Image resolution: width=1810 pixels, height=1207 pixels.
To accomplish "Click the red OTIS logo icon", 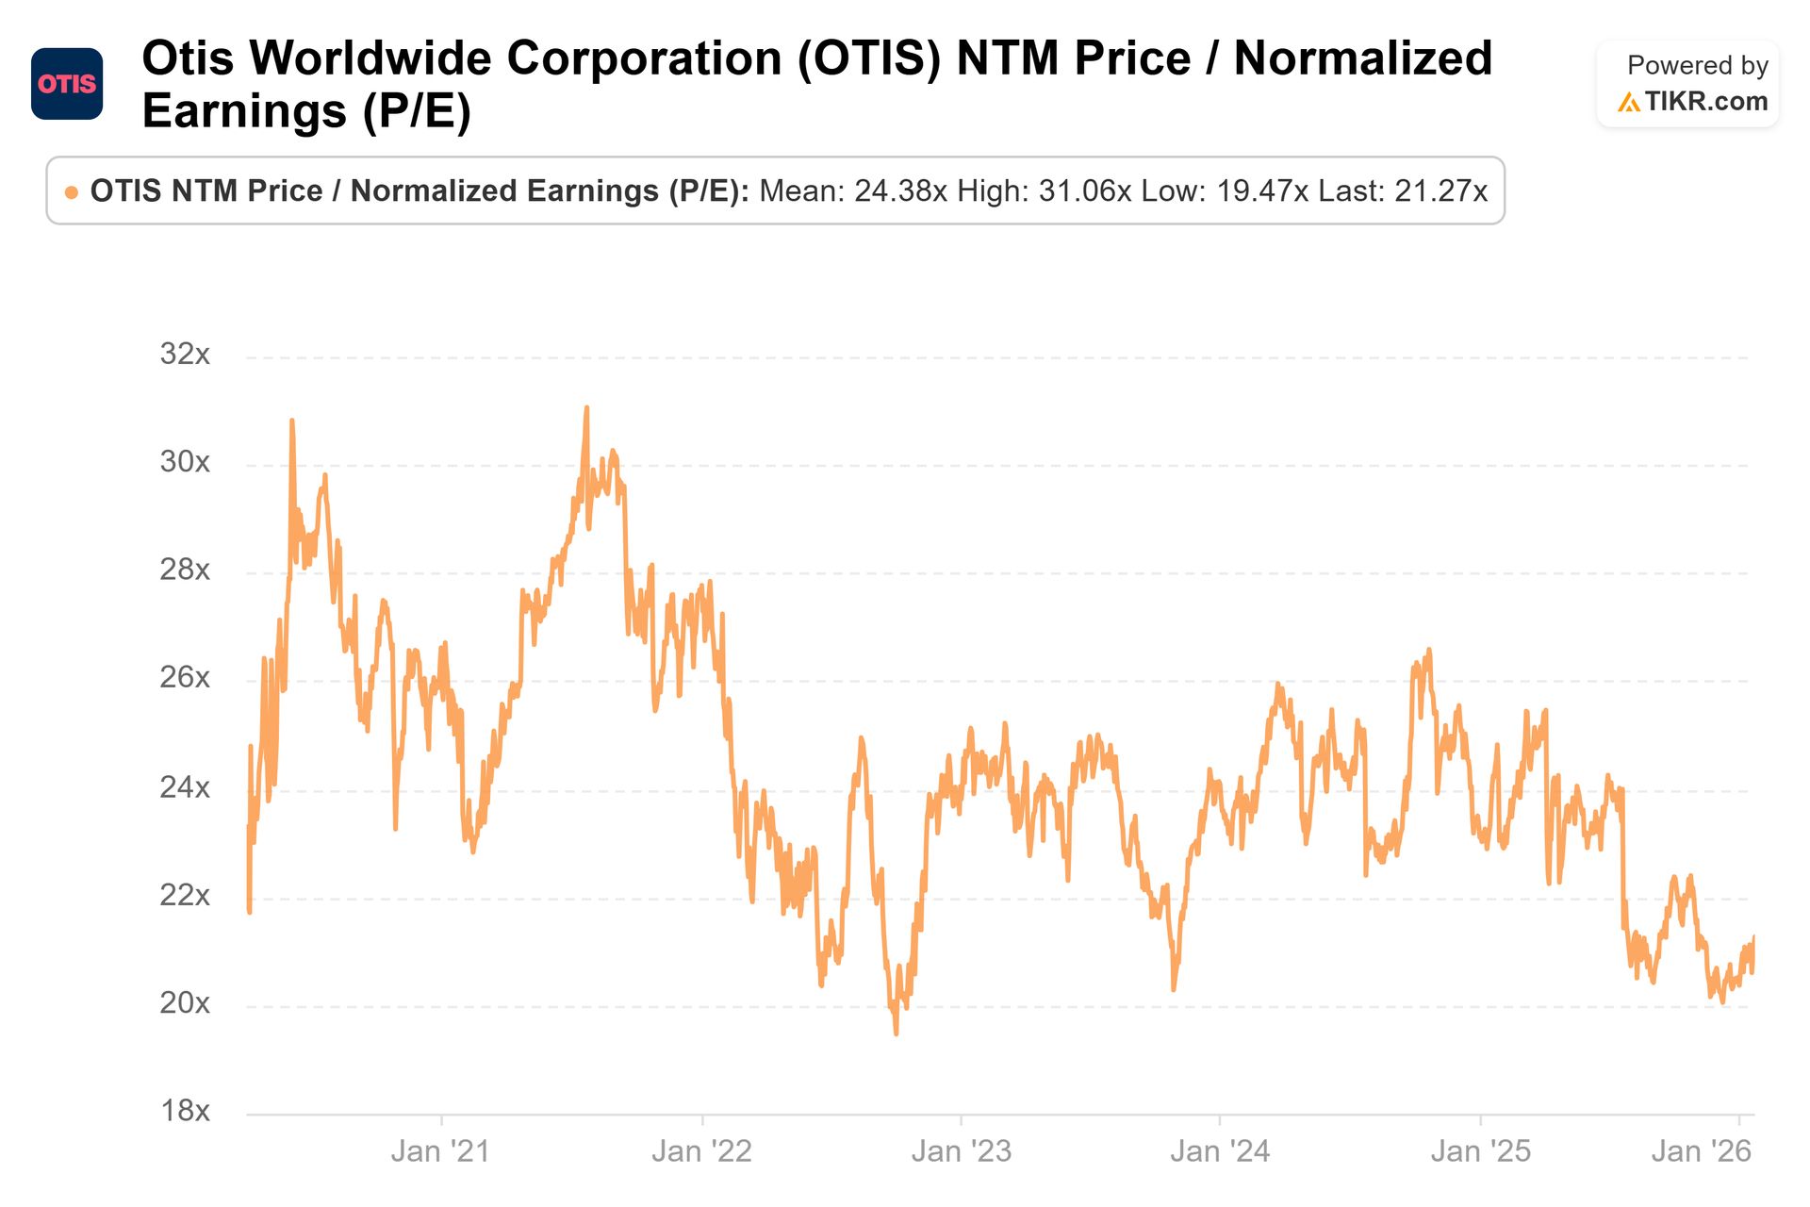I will coord(67,84).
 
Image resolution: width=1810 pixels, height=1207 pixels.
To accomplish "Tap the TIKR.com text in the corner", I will coord(1705,101).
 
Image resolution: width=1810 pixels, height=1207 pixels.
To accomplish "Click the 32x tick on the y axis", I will coord(185,355).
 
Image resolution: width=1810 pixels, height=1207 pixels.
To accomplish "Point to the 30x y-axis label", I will coord(185,462).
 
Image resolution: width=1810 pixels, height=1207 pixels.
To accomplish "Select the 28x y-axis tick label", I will coord(185,570).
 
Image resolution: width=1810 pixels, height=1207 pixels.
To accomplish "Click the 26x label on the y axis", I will coord(185,678).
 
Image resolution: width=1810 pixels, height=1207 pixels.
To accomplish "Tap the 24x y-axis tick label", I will coord(185,786).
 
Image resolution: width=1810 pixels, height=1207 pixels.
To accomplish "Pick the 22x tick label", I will coord(185,895).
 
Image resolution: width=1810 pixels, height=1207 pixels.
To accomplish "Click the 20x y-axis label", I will coord(185,1002).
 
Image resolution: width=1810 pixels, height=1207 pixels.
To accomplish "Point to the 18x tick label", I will coord(185,1111).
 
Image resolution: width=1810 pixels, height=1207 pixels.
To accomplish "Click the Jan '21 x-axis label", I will coord(441,1151).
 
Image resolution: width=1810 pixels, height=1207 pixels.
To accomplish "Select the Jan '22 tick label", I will coord(701,1151).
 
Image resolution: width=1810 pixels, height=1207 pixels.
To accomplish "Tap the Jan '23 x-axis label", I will coord(961,1151).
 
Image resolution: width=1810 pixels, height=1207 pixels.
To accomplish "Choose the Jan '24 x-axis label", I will coord(1220,1151).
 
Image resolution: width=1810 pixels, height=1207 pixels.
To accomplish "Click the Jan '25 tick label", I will coord(1480,1151).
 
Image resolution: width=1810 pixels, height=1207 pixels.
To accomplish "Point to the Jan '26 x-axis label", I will coord(1701,1151).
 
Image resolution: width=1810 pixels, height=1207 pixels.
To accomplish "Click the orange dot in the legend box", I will coord(72,192).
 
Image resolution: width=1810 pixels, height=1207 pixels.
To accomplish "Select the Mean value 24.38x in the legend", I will coord(900,191).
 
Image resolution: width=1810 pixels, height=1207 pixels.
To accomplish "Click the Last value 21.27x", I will coord(1440,191).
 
